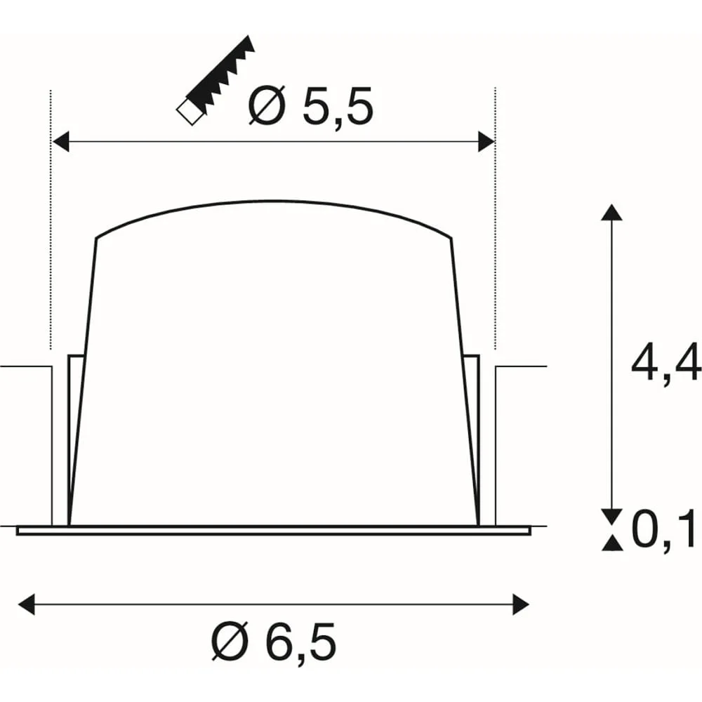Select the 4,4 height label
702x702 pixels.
665,362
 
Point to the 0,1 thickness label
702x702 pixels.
665,529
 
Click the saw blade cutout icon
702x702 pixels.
216,81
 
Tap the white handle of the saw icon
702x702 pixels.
190,112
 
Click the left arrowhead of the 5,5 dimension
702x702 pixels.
61,142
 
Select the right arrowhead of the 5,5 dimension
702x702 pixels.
486,142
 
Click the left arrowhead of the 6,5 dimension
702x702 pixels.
27,604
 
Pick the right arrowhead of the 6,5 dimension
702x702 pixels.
521,604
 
